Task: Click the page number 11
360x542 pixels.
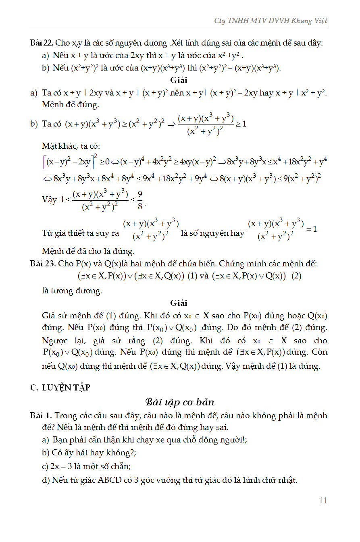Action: [x=323, y=500]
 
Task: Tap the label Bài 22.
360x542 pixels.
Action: [x=41, y=43]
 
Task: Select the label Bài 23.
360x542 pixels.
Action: [x=41, y=264]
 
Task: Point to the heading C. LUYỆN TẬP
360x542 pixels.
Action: [x=60, y=388]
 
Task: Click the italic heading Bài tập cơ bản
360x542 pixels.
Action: [x=179, y=402]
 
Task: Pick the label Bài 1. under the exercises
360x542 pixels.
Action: [x=41, y=415]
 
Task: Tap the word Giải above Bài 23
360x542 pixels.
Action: [x=179, y=303]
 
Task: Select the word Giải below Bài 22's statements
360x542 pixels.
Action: [x=179, y=80]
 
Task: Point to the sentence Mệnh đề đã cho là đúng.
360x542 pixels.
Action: [x=88, y=251]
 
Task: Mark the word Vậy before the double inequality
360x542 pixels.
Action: [x=49, y=200]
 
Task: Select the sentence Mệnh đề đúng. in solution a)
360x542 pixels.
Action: [x=70, y=105]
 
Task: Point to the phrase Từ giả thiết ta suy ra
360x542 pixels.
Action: [x=81, y=233]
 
